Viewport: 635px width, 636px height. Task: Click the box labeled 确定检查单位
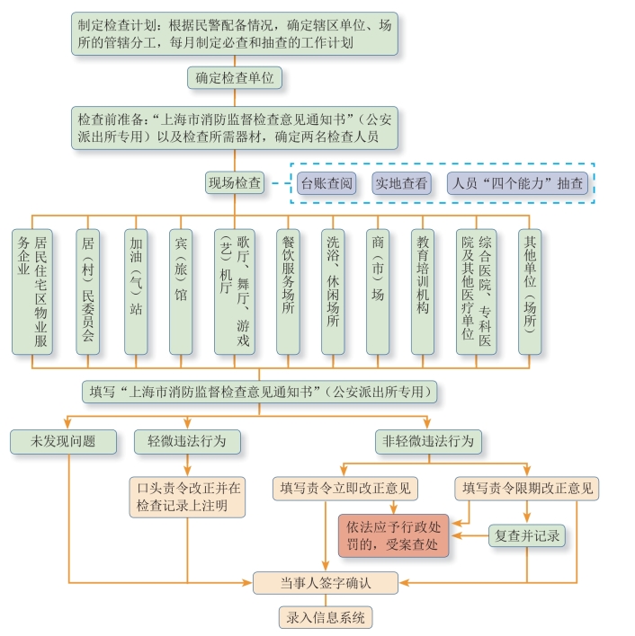(236, 78)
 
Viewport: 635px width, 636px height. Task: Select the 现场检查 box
(235, 183)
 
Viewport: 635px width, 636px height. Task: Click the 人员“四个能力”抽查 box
(523, 183)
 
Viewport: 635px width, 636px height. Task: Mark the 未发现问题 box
(64, 441)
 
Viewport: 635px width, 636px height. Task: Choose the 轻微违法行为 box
(186, 441)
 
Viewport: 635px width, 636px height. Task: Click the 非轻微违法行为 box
(429, 441)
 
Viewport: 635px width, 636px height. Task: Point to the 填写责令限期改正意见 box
(528, 489)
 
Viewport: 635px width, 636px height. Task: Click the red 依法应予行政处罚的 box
(392, 535)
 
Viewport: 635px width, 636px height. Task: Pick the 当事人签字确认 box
(325, 583)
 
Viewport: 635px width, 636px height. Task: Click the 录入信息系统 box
(325, 617)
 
